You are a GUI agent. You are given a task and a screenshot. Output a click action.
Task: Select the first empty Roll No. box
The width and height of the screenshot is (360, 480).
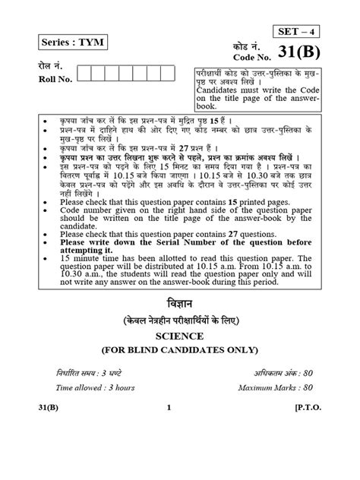pyautogui.click(x=84, y=73)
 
